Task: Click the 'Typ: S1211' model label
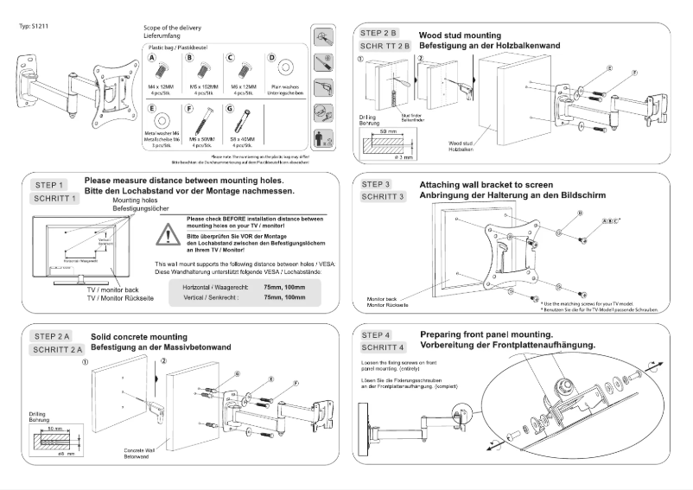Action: pyautogui.click(x=34, y=27)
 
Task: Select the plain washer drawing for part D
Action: pyautogui.click(x=281, y=67)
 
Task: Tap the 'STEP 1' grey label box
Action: pyautogui.click(x=50, y=185)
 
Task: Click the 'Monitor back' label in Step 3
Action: pyautogui.click(x=385, y=298)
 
